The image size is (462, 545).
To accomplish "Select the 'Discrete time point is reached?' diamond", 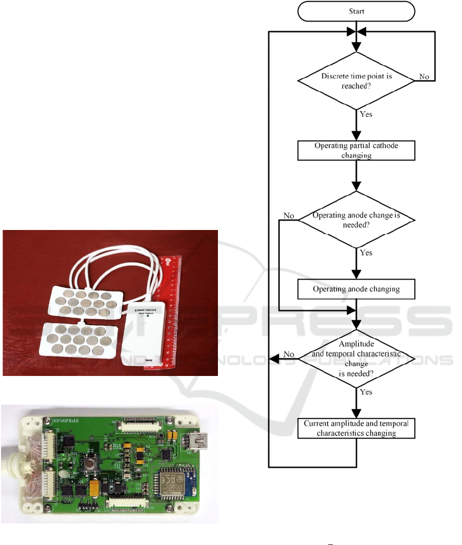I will click(x=356, y=80).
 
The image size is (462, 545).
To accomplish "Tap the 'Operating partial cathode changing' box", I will click(x=356, y=150).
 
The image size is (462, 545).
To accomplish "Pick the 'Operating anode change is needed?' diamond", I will click(x=356, y=220).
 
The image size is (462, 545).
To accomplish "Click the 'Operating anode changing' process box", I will click(x=356, y=289).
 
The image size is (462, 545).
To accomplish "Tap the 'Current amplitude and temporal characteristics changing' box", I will click(x=356, y=428).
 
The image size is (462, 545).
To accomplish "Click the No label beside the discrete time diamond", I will click(x=424, y=76).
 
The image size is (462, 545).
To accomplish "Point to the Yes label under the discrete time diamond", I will click(x=366, y=114).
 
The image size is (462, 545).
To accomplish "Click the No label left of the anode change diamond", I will click(x=289, y=216).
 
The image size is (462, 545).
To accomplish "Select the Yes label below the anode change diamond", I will click(x=366, y=253).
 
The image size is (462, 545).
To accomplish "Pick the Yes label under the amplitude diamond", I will click(x=366, y=392).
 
